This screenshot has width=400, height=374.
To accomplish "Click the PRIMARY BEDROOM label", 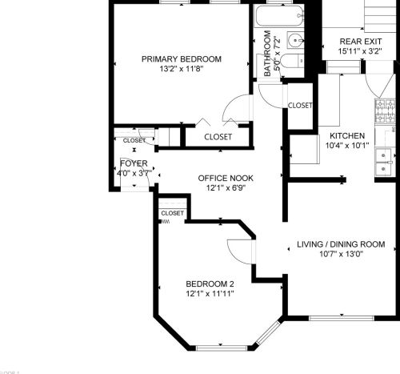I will point(182,58).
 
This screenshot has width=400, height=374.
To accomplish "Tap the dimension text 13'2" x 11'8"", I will point(182,70).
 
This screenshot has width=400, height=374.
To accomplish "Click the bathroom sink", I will point(297,39).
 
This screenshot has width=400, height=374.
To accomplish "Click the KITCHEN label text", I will point(347,135).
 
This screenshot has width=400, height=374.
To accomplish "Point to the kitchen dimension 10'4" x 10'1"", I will point(347,146).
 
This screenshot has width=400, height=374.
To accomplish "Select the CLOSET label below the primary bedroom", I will point(218,137).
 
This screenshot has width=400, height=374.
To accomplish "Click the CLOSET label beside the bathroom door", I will point(300,105).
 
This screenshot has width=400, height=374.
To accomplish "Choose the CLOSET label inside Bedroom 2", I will point(171,213).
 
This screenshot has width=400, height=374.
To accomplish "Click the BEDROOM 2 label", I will point(210,284).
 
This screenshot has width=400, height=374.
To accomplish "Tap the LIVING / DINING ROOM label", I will point(341,244).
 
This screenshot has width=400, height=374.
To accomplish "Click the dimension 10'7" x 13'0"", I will point(341,255).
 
